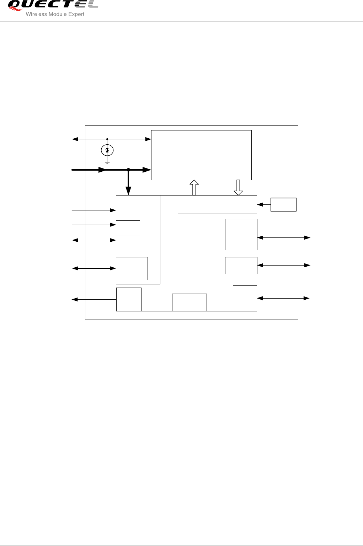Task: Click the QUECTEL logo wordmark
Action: (53, 5)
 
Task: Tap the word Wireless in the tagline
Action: (36, 15)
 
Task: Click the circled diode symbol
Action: (107, 150)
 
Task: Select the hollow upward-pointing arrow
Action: (194, 187)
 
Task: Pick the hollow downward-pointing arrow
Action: (238, 187)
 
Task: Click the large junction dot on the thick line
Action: (129, 170)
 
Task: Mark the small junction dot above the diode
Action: (107, 139)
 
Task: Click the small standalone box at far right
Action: (283, 204)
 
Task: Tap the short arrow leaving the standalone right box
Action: (263, 204)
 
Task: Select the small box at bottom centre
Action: (189, 302)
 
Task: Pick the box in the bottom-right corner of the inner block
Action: (245, 298)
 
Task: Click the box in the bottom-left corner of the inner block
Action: (129, 299)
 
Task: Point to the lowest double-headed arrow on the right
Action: (283, 298)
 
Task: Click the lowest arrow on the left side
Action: (94, 300)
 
